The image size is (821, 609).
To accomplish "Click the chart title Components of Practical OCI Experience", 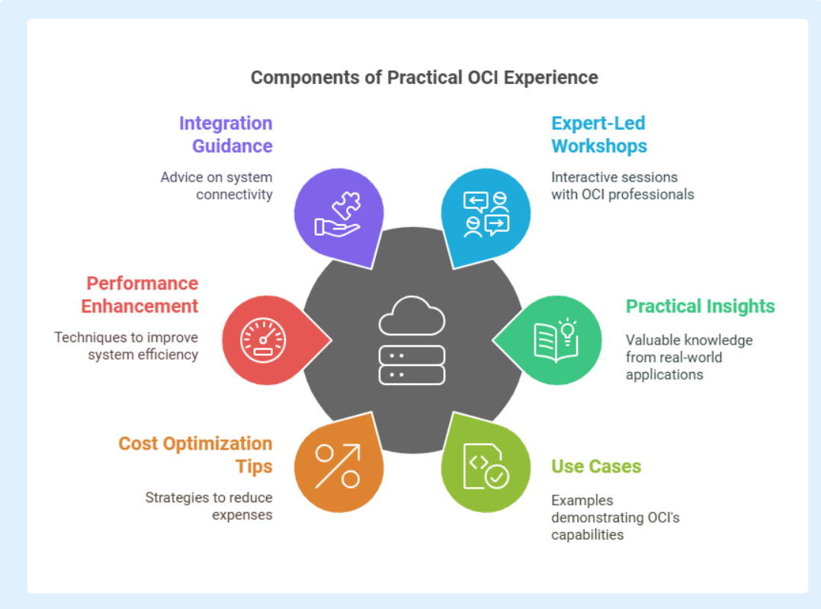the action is click(x=424, y=78).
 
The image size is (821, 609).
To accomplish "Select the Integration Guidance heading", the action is click(x=226, y=135).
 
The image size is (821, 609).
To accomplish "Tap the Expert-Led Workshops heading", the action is click(x=599, y=135).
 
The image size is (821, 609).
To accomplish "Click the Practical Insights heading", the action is click(x=700, y=306).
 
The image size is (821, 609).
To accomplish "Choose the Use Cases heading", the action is click(x=596, y=466).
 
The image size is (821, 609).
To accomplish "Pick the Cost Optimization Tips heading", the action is click(x=195, y=454).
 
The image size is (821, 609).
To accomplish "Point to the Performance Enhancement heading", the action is click(x=140, y=294).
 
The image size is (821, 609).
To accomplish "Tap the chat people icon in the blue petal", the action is click(x=486, y=214).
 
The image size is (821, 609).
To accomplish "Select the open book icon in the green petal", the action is click(x=556, y=341).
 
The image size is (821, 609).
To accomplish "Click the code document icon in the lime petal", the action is click(x=486, y=466).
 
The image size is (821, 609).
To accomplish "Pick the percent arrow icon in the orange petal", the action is click(x=338, y=466).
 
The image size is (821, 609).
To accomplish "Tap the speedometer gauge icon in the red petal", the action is click(x=263, y=341).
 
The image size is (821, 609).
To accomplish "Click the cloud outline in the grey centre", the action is click(x=412, y=316).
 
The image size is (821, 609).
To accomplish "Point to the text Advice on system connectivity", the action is click(x=216, y=186).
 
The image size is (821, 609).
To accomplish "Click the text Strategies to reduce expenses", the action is click(x=208, y=506).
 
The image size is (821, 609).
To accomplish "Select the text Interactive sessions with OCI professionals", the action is click(x=623, y=186).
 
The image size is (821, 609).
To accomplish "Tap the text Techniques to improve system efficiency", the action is click(x=127, y=346).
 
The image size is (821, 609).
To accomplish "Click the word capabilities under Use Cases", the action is click(x=588, y=535).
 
